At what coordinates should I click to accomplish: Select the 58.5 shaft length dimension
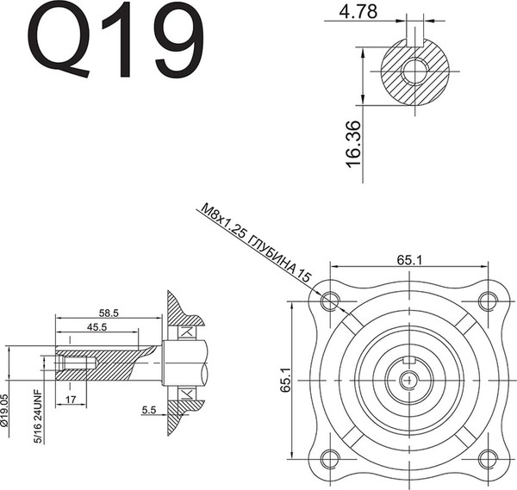[x=109, y=313]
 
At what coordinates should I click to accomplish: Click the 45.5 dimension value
[x=97, y=328]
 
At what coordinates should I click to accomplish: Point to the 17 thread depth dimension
[x=69, y=399]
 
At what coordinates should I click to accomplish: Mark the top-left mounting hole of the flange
[x=328, y=301]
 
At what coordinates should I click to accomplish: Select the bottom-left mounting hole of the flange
[x=328, y=458]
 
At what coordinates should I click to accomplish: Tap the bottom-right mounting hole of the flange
[x=488, y=458]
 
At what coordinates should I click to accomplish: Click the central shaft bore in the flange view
[x=408, y=379]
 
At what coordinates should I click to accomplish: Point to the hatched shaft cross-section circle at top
[x=414, y=71]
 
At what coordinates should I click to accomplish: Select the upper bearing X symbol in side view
[x=184, y=332]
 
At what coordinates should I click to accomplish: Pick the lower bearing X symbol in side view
[x=184, y=393]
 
